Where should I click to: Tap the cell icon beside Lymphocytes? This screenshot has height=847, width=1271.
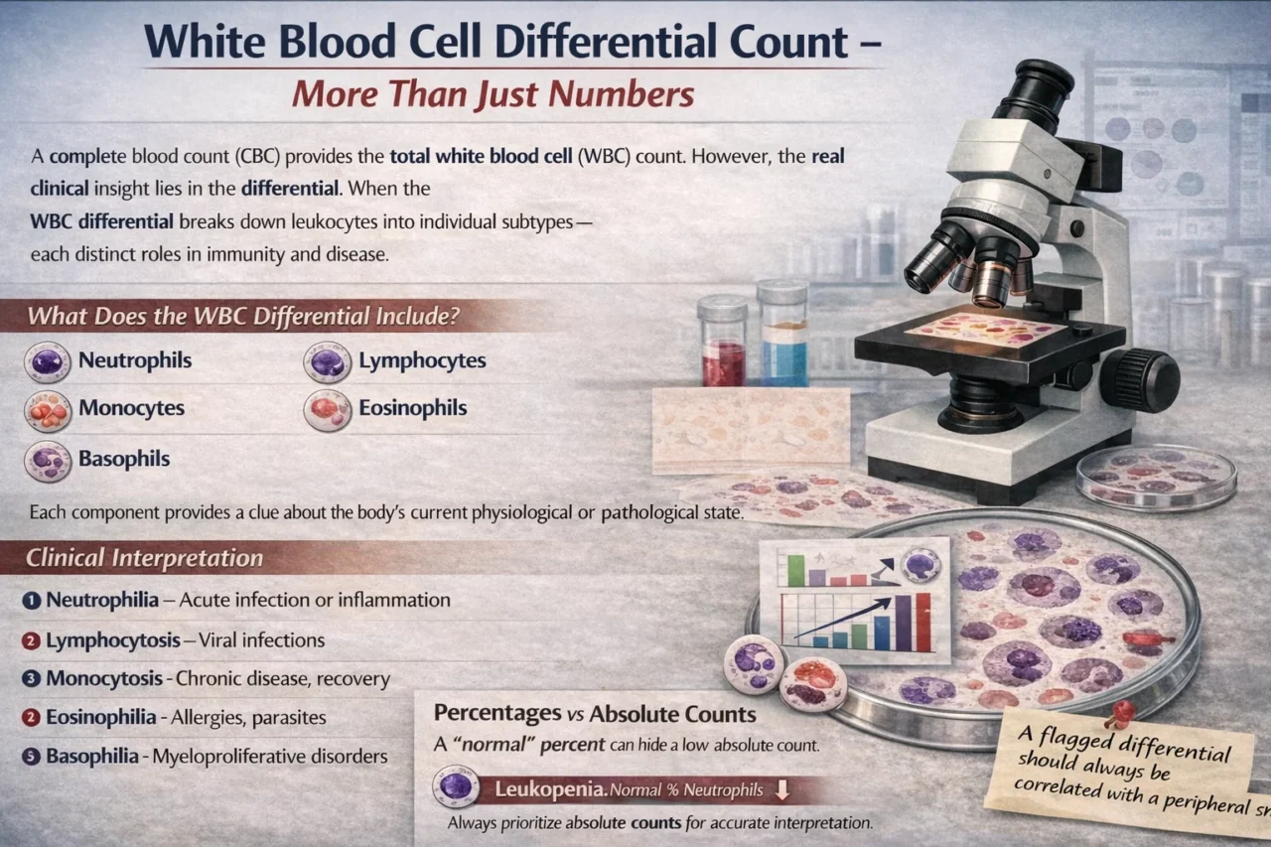(327, 362)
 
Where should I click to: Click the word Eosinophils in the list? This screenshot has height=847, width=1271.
(412, 408)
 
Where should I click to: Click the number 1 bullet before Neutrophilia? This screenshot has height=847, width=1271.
(32, 600)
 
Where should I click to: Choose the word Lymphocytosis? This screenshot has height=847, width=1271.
(113, 640)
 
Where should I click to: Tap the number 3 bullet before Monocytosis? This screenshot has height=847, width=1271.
(32, 680)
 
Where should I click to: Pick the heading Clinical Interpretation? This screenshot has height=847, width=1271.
(145, 558)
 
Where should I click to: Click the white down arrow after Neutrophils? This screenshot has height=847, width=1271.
(781, 790)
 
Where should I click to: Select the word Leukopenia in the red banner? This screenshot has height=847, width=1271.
(536, 790)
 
